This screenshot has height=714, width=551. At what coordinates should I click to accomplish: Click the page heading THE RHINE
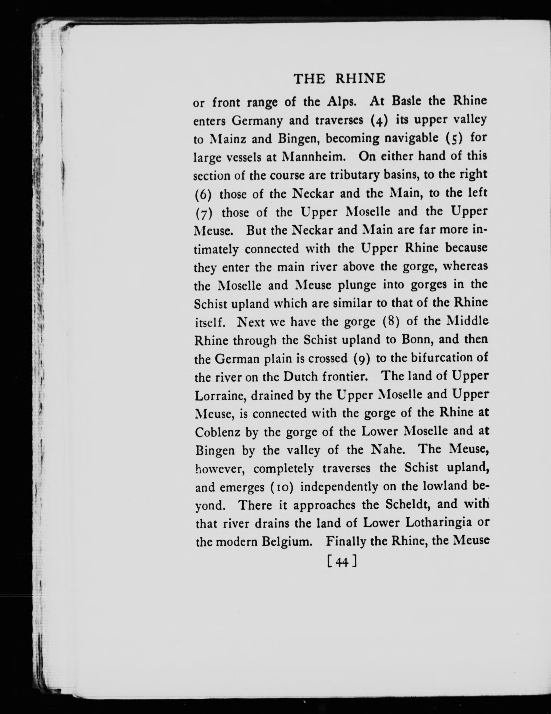click(339, 79)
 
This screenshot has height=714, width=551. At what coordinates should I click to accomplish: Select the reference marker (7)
click(204, 213)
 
